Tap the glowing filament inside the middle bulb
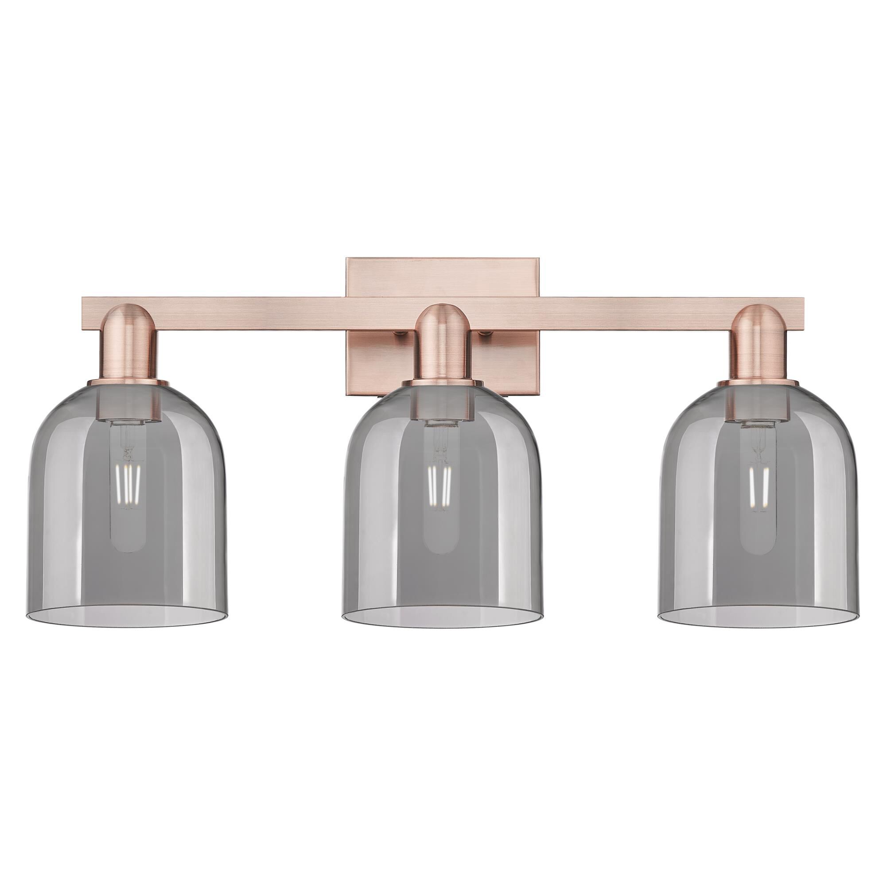[439, 486]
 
